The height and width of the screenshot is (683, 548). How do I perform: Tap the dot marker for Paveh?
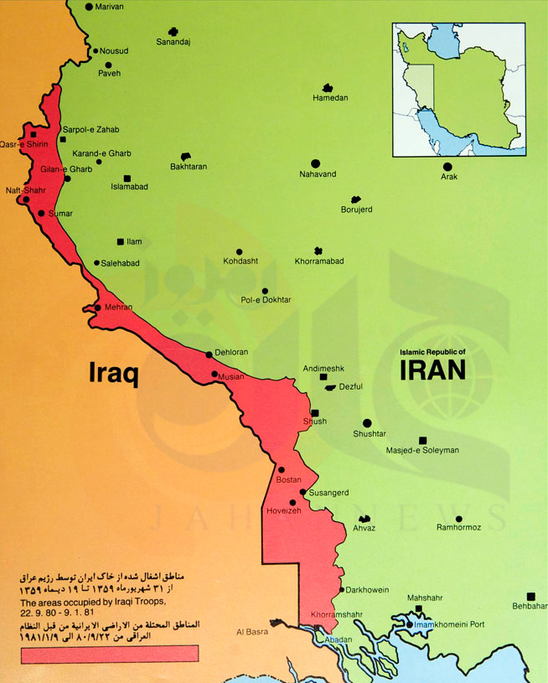(107, 65)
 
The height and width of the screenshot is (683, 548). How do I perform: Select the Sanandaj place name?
(173, 42)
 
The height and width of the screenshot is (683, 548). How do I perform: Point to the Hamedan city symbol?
(327, 88)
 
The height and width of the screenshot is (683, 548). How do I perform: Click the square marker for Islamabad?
(127, 178)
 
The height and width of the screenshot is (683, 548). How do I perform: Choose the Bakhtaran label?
(188, 167)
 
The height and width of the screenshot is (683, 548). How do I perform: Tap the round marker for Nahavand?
(315, 163)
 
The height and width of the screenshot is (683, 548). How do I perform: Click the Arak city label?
(450, 177)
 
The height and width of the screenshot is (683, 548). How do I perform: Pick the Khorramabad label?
(318, 261)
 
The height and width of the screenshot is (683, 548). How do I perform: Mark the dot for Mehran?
(97, 308)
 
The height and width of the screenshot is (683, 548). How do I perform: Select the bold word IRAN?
(432, 370)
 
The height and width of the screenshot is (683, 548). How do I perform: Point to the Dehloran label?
(231, 353)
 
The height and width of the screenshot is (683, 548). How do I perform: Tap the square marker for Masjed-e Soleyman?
(421, 440)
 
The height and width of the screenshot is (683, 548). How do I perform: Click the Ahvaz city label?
(364, 528)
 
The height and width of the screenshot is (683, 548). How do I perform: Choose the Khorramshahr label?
(336, 614)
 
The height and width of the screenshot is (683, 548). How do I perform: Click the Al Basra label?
(251, 631)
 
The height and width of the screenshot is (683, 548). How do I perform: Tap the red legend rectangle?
(109, 654)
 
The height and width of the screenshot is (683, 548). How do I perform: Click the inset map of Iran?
(459, 90)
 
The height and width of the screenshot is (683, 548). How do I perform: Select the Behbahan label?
(530, 605)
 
